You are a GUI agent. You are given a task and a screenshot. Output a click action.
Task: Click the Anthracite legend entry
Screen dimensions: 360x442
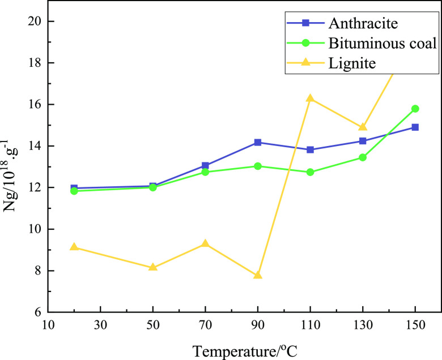click(x=351, y=23)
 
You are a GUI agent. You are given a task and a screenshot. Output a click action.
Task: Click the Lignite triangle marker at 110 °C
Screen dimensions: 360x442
click(x=310, y=98)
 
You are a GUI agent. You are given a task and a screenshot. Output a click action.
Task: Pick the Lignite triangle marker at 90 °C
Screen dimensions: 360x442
click(x=258, y=275)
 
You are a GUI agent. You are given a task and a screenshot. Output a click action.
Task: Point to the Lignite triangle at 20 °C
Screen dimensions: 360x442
click(x=74, y=247)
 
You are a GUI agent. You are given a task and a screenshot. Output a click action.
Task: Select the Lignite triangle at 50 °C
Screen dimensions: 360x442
click(x=152, y=267)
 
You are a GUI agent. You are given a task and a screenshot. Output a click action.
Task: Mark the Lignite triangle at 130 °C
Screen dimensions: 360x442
click(x=363, y=127)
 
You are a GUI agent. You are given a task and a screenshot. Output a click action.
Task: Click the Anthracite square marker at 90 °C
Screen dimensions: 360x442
click(x=258, y=143)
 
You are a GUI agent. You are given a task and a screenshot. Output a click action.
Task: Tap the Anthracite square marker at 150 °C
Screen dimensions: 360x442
click(x=415, y=127)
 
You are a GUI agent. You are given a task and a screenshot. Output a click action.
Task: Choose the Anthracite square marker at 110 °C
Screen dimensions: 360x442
click(x=310, y=149)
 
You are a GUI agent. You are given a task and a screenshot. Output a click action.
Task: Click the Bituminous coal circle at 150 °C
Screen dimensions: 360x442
click(x=415, y=109)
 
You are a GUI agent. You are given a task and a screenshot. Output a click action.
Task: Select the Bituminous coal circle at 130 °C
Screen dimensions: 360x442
click(x=363, y=157)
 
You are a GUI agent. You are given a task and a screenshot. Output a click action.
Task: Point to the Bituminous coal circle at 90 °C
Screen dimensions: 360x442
click(x=258, y=166)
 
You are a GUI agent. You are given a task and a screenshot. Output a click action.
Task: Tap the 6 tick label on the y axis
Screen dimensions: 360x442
click(x=39, y=312)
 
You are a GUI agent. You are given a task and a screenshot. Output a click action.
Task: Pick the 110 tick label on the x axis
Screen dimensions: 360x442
click(x=310, y=327)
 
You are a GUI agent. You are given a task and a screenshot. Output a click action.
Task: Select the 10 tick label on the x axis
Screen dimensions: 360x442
click(x=48, y=327)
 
